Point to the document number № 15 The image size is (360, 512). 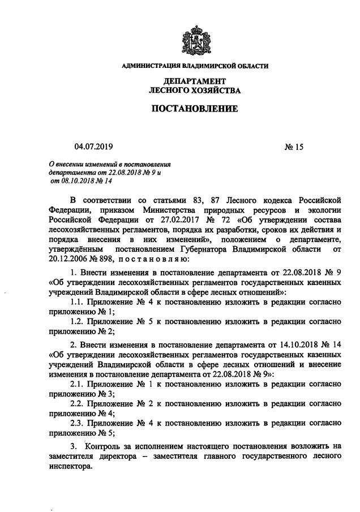click(x=294, y=147)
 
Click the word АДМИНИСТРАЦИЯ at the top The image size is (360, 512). click(x=149, y=67)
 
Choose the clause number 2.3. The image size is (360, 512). click(x=78, y=422)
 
